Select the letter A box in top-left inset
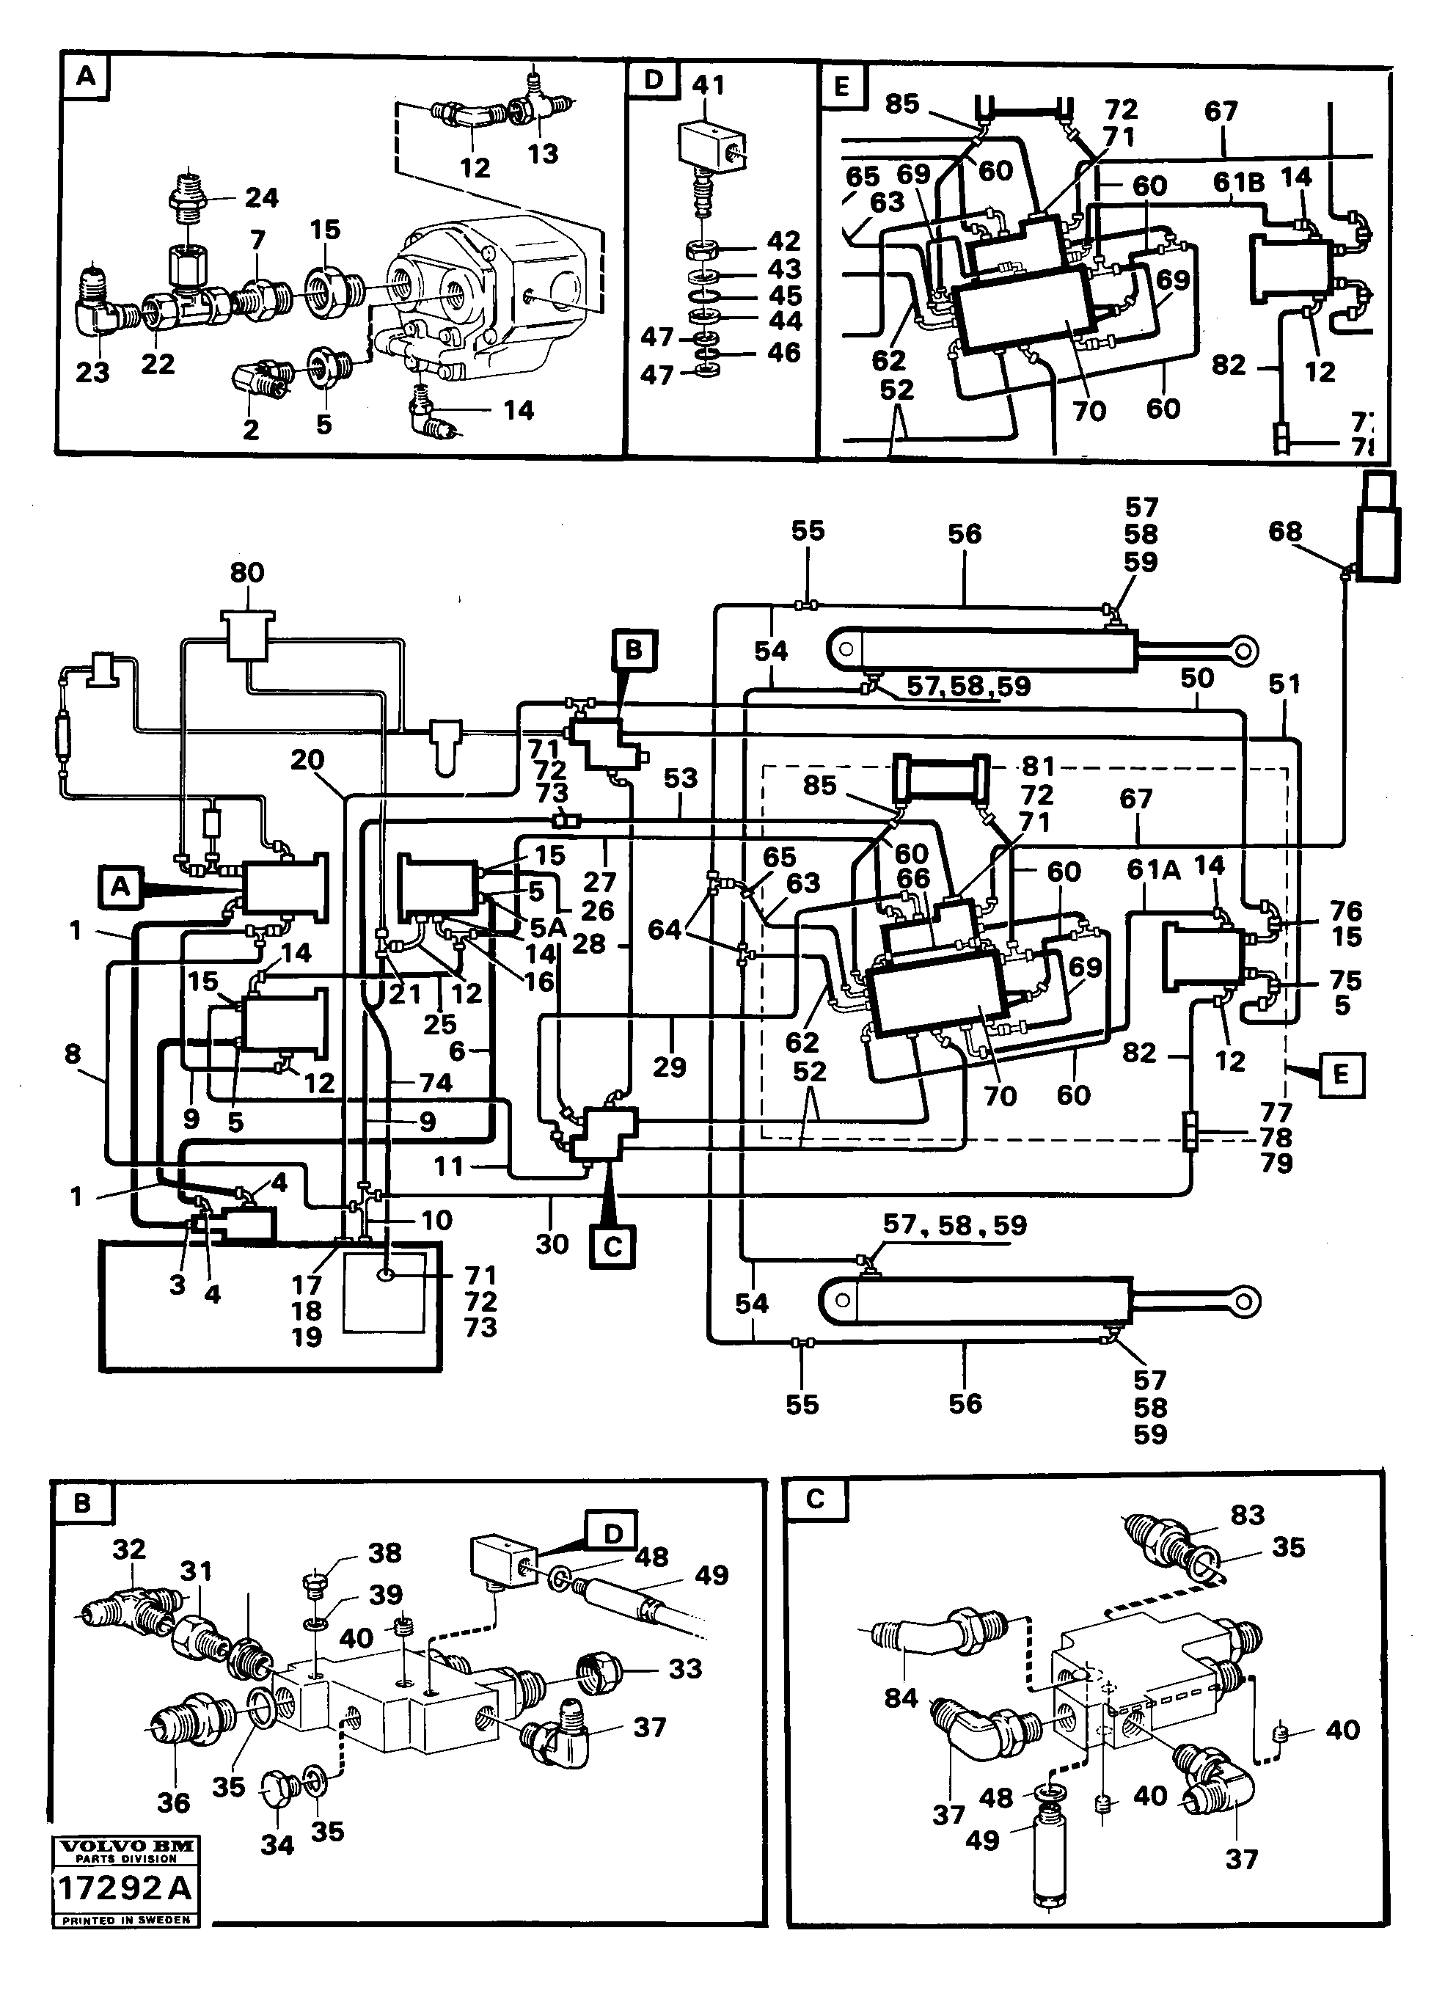point(86,76)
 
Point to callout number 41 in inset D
point(708,85)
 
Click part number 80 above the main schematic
point(247,572)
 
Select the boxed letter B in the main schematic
point(634,651)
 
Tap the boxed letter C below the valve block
point(612,1246)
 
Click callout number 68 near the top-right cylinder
point(1285,532)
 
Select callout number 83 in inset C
point(1248,1514)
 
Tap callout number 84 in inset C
point(901,1697)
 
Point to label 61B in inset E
point(1238,183)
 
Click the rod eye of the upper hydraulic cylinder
point(1243,651)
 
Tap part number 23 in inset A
point(92,372)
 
